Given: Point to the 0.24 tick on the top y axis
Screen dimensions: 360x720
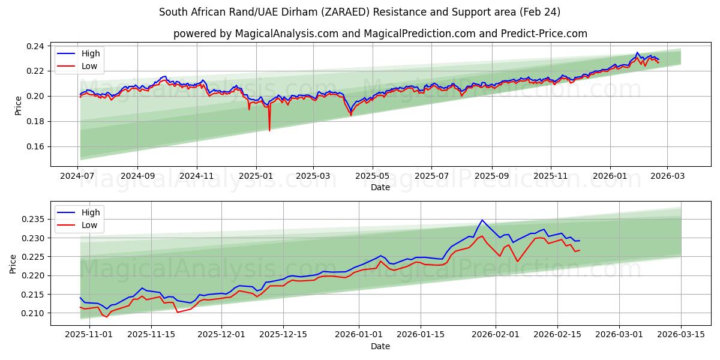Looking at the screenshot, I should pyautogui.click(x=35, y=46).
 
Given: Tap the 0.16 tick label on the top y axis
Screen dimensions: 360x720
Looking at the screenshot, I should pyautogui.click(x=35, y=146).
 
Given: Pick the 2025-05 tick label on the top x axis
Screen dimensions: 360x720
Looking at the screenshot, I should pyautogui.click(x=373, y=176).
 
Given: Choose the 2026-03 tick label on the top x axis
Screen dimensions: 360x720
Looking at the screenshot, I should pyautogui.click(x=668, y=176).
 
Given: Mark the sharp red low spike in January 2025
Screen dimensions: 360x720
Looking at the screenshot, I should pyautogui.click(x=269, y=130).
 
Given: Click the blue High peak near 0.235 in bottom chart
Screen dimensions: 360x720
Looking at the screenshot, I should pyautogui.click(x=482, y=220).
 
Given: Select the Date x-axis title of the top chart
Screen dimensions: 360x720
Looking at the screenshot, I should pyautogui.click(x=380, y=187).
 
